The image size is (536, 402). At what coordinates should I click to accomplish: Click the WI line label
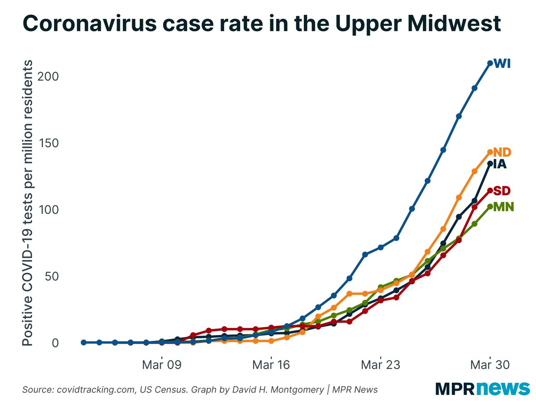point(502,64)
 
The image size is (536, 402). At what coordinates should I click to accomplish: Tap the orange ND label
point(502,152)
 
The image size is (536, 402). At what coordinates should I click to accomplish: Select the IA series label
point(500,164)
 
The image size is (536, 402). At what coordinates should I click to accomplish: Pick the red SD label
point(502,191)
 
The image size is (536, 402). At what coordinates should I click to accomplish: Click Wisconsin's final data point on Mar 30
point(490,63)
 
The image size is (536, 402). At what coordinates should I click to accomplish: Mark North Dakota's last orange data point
point(490,152)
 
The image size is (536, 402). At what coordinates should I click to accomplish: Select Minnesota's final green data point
point(490,206)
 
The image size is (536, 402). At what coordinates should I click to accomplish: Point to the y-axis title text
point(27,203)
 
